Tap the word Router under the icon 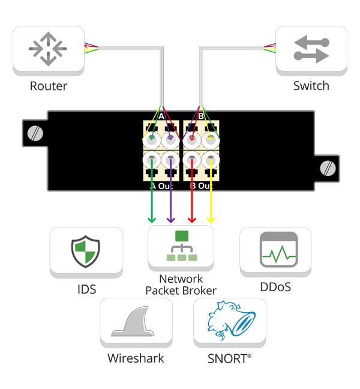pos(49,86)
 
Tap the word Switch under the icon pos(311,86)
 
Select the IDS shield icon pos(86,252)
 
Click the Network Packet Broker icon pos(181,247)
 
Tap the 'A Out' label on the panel pos(161,186)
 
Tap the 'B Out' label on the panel pos(201,186)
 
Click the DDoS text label pos(275,287)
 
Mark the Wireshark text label pos(136,359)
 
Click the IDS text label pos(86,290)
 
